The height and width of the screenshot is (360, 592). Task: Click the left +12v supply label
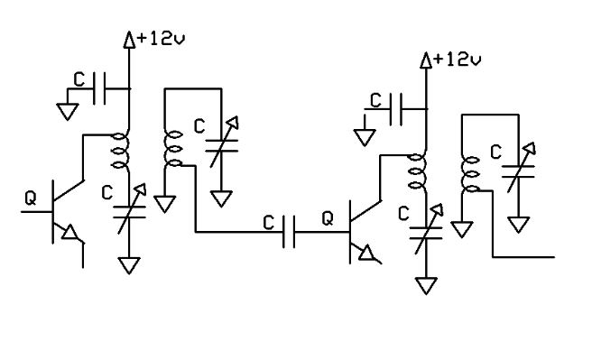pos(162,39)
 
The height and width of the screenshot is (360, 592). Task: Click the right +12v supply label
pos(458,60)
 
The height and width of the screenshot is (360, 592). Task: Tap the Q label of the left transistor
pos(31,198)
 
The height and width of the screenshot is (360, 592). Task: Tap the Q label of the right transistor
pos(328,218)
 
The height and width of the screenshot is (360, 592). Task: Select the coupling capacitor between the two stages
pos(289,232)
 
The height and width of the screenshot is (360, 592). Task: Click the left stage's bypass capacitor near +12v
pos(99,89)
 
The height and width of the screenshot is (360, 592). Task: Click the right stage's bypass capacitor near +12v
pos(396,109)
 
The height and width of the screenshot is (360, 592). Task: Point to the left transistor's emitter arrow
pos(69,232)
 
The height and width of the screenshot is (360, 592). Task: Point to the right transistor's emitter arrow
pos(366,253)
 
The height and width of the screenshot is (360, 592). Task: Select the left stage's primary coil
pos(121,151)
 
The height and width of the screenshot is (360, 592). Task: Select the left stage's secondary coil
pos(173,149)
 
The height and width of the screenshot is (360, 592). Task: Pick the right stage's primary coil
pos(417,171)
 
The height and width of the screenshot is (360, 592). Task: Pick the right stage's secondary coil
pos(470,174)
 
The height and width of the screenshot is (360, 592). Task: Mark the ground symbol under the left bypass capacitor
pos(68,112)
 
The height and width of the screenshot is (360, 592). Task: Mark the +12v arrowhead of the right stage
pos(426,60)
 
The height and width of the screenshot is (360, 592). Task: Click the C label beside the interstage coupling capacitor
pos(268,223)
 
